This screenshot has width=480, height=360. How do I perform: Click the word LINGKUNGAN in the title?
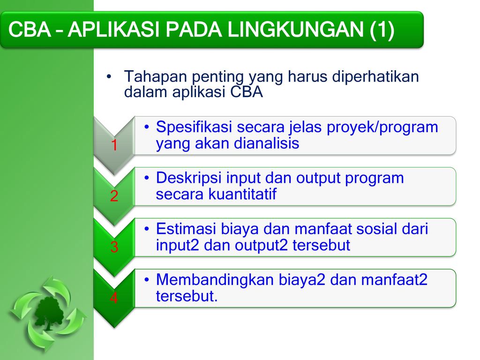pos(296,30)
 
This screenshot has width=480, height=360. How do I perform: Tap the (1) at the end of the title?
pos(382,30)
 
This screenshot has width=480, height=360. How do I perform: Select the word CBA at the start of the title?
pos(30,30)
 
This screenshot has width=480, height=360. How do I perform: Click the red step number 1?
pos(114,145)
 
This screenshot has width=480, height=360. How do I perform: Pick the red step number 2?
pos(114,196)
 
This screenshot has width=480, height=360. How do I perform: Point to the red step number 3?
pos(114,247)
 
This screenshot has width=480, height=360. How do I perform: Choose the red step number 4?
pos(114,298)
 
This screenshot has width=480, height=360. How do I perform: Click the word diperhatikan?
pos(375,77)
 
